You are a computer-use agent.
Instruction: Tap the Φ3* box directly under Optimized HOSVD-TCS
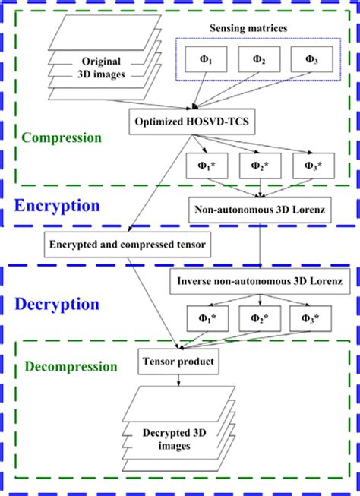[310, 164]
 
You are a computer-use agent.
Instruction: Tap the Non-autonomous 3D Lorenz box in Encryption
[257, 205]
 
